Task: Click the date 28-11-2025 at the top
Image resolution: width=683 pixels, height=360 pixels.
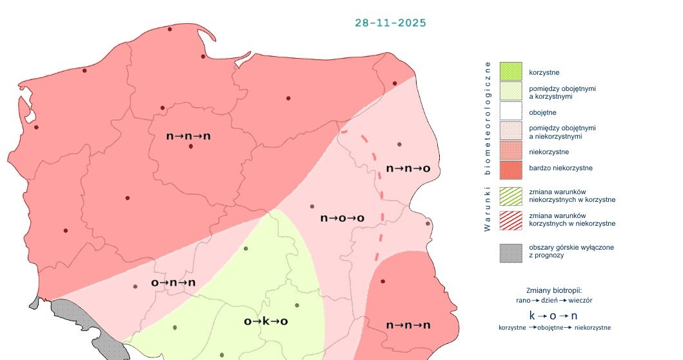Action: [390, 23]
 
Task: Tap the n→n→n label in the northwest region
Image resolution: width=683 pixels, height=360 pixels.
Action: [188, 136]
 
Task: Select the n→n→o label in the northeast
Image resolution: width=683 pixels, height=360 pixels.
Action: [408, 168]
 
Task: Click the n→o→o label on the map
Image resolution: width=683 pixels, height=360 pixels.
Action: [342, 218]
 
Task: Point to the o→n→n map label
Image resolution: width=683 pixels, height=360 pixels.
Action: [173, 283]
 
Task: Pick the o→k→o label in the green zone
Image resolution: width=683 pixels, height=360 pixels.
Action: [265, 321]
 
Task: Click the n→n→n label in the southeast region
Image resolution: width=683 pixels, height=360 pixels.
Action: [408, 325]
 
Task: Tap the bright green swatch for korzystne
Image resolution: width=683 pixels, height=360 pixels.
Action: [510, 72]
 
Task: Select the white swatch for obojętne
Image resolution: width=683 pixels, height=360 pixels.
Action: [510, 112]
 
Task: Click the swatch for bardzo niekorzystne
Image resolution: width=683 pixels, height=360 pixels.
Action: [510, 169]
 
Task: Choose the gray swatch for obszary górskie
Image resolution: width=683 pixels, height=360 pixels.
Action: [510, 252]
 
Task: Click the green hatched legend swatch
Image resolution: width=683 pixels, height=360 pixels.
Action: [510, 195]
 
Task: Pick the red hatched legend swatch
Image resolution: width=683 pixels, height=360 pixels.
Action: [510, 219]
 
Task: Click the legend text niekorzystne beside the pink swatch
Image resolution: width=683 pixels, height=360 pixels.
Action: [548, 152]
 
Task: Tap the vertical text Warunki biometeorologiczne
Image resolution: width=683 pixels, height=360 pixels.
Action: [488, 146]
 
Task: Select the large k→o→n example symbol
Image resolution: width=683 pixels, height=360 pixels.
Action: [553, 315]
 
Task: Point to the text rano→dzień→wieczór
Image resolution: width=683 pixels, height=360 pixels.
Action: [555, 300]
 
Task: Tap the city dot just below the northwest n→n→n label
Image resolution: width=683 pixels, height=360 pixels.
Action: [191, 146]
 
